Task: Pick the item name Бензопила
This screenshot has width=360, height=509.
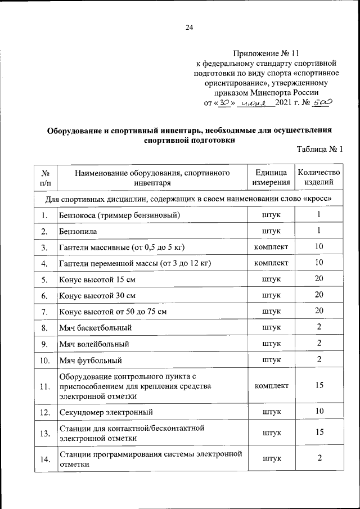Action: (x=78, y=231)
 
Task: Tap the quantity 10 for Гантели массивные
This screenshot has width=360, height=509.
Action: (x=318, y=247)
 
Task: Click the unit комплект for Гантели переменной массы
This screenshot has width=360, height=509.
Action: (x=271, y=263)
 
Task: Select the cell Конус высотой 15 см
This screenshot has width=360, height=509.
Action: (x=97, y=279)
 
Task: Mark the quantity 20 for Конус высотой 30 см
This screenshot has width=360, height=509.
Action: (x=318, y=295)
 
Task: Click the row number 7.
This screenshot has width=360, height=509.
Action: (x=44, y=311)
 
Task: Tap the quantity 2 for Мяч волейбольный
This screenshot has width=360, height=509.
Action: (x=318, y=343)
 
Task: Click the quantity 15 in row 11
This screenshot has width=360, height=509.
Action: (x=318, y=386)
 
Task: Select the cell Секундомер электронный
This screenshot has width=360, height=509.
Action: (x=105, y=412)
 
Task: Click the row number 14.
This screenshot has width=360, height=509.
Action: (x=44, y=460)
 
